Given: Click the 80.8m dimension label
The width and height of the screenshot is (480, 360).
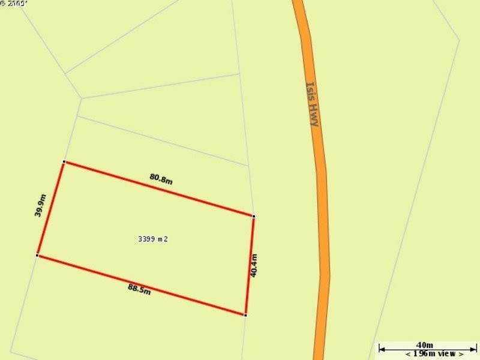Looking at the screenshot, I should (x=161, y=179).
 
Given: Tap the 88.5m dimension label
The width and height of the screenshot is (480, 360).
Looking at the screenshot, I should (x=139, y=290).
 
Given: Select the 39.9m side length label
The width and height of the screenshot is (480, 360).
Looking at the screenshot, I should (x=40, y=205).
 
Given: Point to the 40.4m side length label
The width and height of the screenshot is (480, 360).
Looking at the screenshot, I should (x=254, y=265).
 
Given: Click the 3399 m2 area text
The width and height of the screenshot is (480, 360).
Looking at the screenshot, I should (x=153, y=239).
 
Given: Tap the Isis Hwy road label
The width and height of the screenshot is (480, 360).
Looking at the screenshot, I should (x=313, y=104).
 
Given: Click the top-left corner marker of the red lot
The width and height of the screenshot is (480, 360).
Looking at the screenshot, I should (x=64, y=162).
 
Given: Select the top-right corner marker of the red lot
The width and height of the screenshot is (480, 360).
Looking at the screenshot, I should (x=254, y=216).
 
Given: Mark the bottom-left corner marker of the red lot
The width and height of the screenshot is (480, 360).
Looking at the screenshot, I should (x=37, y=256).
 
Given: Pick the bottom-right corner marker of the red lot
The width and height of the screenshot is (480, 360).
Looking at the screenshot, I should (x=245, y=314).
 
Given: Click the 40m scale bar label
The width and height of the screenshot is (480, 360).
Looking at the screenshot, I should (x=424, y=345).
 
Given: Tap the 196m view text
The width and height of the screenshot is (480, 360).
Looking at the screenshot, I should (x=434, y=354).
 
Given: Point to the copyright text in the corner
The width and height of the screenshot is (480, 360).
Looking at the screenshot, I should (x=14, y=4).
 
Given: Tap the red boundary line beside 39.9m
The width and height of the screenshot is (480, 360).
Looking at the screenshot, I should (x=51, y=209).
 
